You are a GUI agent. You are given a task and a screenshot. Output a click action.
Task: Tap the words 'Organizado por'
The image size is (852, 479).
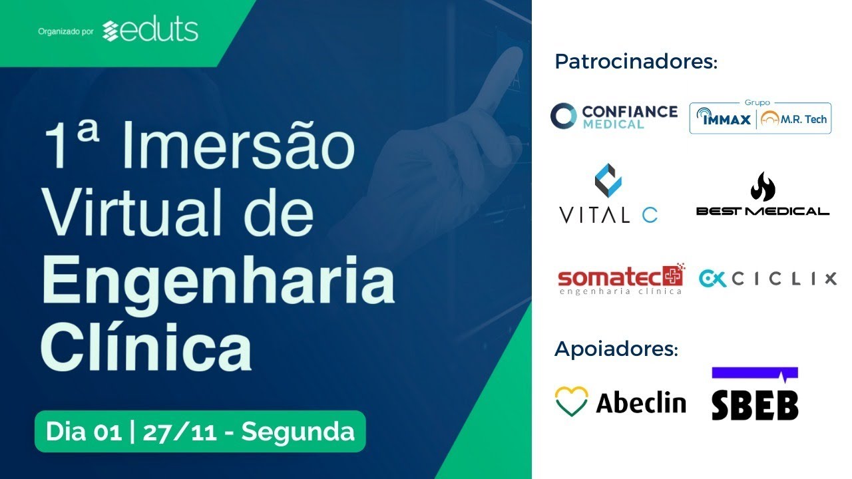(x=65, y=31)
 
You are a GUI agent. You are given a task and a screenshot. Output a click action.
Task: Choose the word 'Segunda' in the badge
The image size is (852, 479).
(x=298, y=432)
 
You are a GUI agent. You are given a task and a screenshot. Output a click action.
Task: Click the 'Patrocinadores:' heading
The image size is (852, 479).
(x=636, y=62)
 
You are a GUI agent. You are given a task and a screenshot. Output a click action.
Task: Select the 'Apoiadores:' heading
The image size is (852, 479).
(x=616, y=348)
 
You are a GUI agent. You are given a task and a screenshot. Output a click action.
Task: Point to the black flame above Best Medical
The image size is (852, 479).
(x=763, y=187)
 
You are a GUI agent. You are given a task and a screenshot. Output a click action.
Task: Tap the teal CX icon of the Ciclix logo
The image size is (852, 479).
(x=712, y=279)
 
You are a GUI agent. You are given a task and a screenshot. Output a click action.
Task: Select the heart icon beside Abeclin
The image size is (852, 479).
(x=571, y=401)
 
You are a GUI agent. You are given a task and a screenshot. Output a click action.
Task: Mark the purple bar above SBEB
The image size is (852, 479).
(x=754, y=373)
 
